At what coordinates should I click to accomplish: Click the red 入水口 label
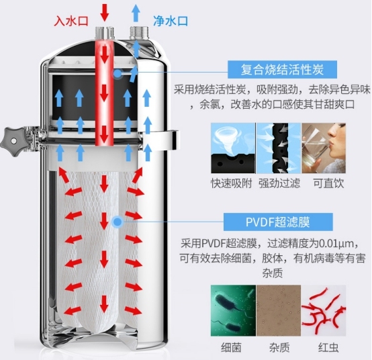click(x=72, y=21)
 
